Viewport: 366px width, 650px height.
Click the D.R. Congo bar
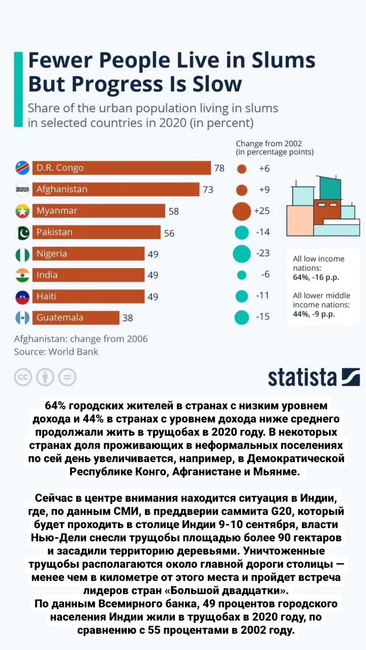pyautogui.click(x=121, y=168)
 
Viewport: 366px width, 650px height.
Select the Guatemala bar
pyautogui.click(x=76, y=318)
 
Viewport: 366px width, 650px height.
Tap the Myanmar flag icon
pyautogui.click(x=22, y=211)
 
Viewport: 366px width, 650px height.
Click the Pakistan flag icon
pyautogui.click(x=22, y=233)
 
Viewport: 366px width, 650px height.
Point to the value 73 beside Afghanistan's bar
pyautogui.click(x=208, y=189)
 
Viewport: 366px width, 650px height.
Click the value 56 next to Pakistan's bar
pyautogui.click(x=169, y=233)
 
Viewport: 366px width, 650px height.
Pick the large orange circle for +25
pyautogui.click(x=241, y=211)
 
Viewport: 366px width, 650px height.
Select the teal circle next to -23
pyautogui.click(x=241, y=253)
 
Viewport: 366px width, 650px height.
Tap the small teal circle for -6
pyautogui.click(x=241, y=275)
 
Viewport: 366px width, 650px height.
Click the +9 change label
pyautogui.click(x=264, y=189)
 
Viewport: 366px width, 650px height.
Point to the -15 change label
pyautogui.click(x=263, y=316)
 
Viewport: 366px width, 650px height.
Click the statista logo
pyautogui.click(x=314, y=377)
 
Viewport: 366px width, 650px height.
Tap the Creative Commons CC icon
pyautogui.click(x=23, y=377)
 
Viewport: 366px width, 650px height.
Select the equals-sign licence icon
pyautogui.click(x=68, y=377)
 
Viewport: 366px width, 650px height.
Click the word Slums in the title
pyautogui.click(x=283, y=60)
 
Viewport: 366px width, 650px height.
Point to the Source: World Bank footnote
pyautogui.click(x=56, y=352)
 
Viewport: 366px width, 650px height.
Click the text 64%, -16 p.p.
pyautogui.click(x=316, y=277)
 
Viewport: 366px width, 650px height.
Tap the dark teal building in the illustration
pyautogui.click(x=330, y=187)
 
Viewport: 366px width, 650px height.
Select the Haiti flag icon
pyautogui.click(x=22, y=297)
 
